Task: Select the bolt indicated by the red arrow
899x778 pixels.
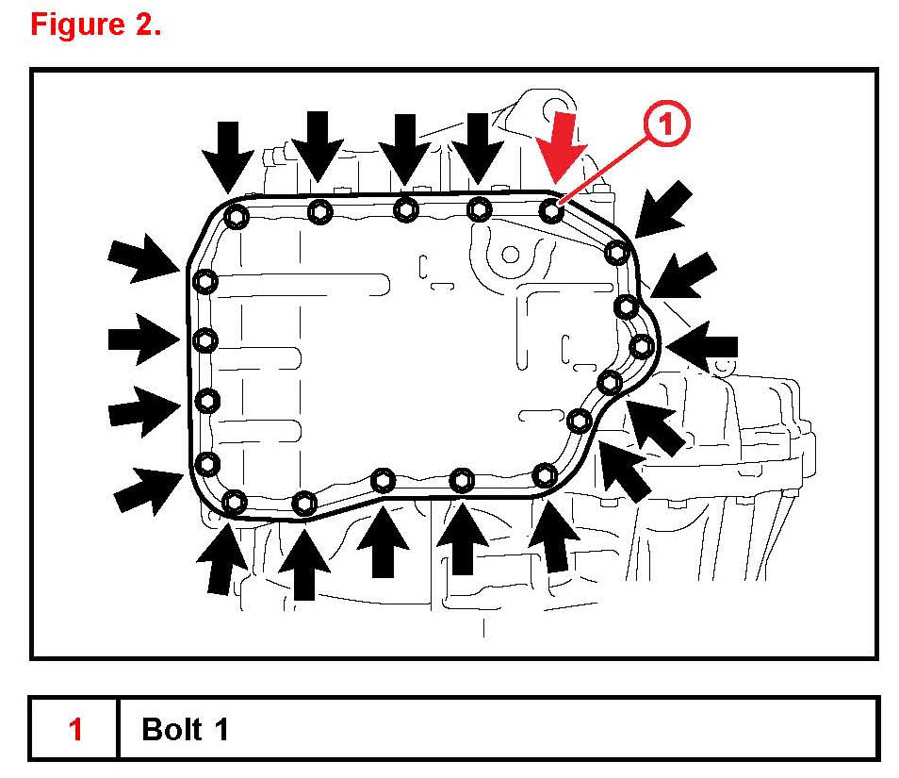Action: pyautogui.click(x=552, y=211)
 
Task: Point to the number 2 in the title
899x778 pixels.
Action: pyautogui.click(x=145, y=25)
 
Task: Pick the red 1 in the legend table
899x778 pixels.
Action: pyautogui.click(x=75, y=729)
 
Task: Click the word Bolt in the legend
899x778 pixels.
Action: pyautogui.click(x=172, y=729)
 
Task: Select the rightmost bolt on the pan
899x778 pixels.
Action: pyautogui.click(x=642, y=346)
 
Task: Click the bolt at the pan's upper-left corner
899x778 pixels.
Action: pyautogui.click(x=237, y=217)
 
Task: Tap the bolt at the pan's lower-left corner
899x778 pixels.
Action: pyautogui.click(x=235, y=502)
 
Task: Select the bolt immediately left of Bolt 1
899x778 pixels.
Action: pyautogui.click(x=480, y=208)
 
